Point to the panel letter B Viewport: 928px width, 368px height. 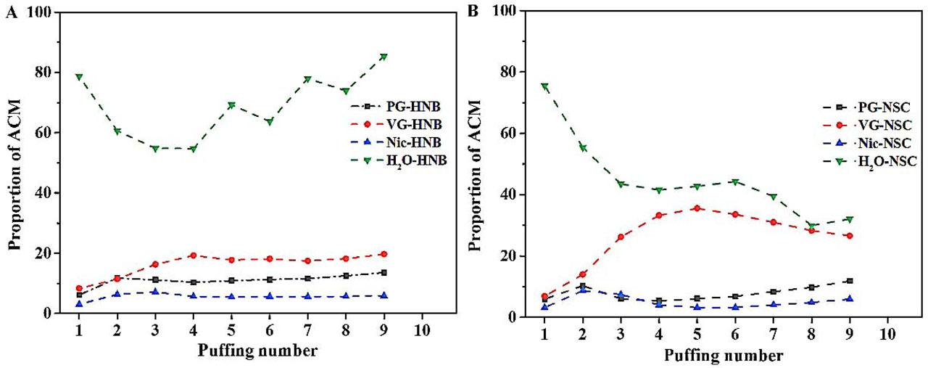[473, 12]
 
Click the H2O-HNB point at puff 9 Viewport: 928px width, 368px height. [384, 57]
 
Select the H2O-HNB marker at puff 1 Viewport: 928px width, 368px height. [78, 77]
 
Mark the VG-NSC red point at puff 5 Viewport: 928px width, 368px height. [697, 208]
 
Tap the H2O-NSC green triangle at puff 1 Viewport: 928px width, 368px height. [544, 86]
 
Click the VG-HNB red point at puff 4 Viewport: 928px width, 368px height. [193, 255]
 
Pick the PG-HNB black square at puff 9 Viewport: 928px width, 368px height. [384, 273]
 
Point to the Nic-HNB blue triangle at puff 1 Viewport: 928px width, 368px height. [78, 303]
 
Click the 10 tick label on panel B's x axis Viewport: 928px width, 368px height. [886, 336]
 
